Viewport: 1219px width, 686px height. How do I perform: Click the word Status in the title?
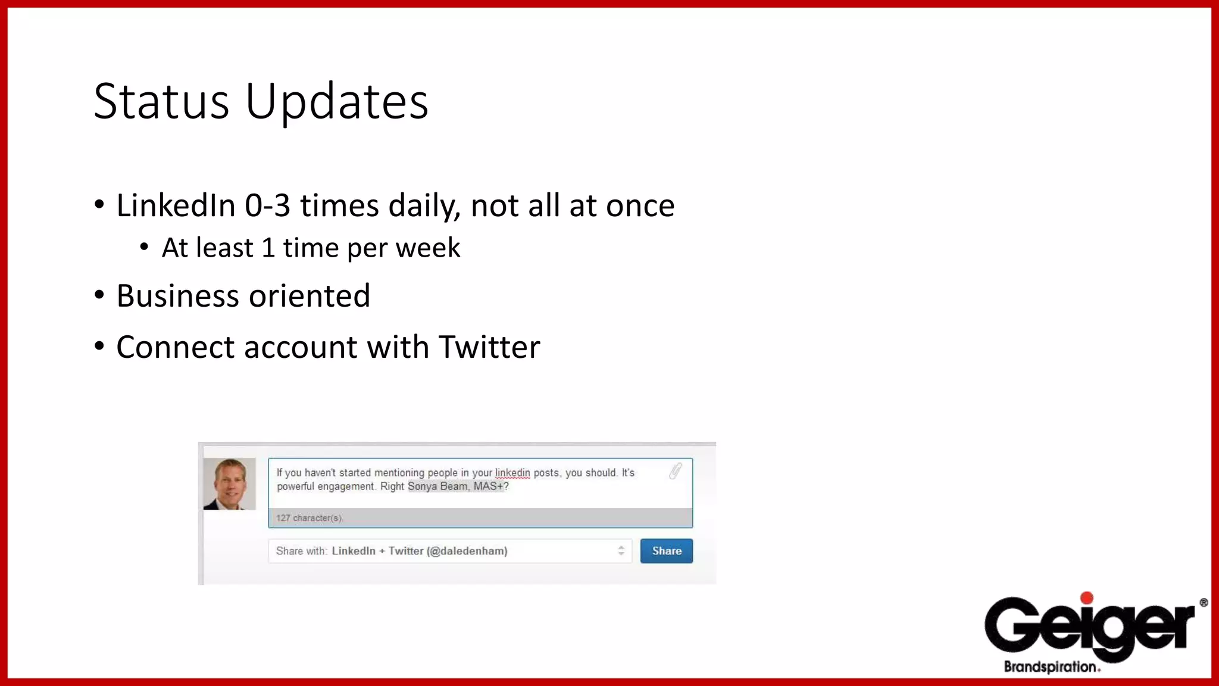(x=161, y=102)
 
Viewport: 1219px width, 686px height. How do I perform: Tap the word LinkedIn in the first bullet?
(x=176, y=206)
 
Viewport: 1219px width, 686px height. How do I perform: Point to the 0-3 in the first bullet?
(x=267, y=206)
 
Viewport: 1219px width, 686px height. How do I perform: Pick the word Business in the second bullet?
(x=177, y=296)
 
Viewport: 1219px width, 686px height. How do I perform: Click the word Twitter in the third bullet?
(x=489, y=347)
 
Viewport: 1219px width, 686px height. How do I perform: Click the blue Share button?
(x=666, y=551)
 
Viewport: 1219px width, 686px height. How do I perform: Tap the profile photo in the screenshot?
(x=230, y=484)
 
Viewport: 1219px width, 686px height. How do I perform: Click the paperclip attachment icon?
(x=675, y=471)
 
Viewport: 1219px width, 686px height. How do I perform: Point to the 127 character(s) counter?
(x=310, y=518)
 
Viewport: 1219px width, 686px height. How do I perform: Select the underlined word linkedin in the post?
(x=512, y=473)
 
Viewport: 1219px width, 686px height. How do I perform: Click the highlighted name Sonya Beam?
(x=437, y=487)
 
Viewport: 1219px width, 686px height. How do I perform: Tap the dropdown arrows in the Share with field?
(x=621, y=551)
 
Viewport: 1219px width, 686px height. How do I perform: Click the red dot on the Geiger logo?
(x=1086, y=598)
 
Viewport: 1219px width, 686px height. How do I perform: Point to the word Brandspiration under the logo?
(x=1051, y=667)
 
